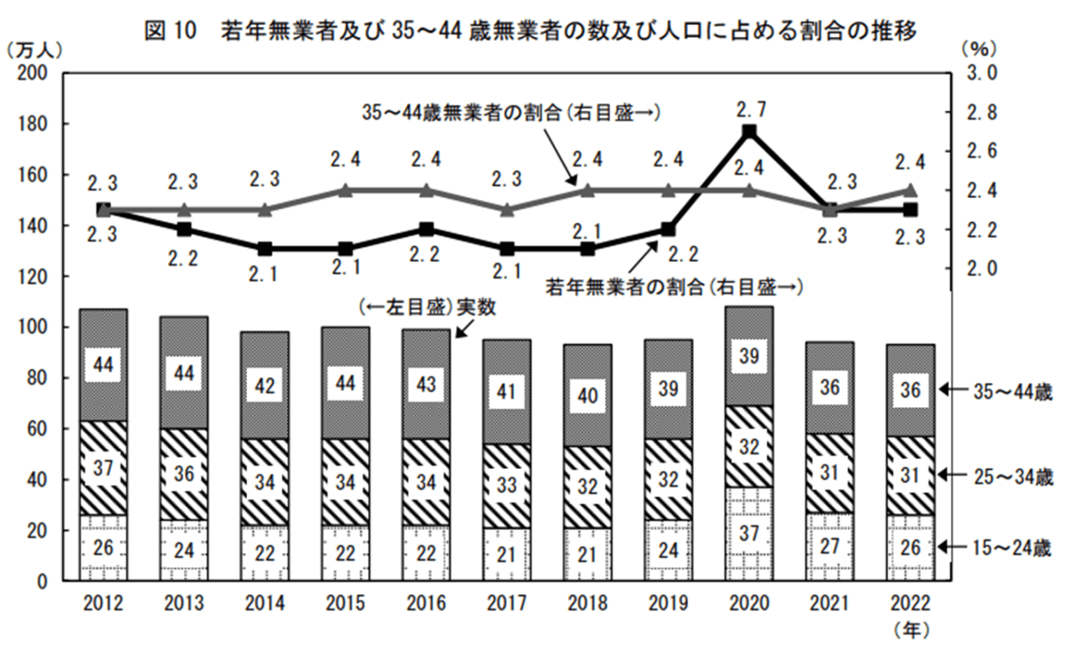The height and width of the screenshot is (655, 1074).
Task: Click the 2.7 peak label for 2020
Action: (752, 110)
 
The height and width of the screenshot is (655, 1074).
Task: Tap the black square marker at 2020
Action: (749, 131)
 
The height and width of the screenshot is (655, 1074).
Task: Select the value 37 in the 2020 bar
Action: (749, 533)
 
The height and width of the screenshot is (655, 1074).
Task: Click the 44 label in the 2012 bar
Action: (103, 365)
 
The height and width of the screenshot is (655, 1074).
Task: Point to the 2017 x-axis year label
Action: (507, 603)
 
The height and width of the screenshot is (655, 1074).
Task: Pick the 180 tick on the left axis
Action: (33, 124)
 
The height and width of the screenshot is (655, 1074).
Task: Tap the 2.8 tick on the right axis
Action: (982, 113)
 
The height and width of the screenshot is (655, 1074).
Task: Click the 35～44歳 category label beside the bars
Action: (1012, 392)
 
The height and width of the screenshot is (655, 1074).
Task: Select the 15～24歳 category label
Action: (1012, 547)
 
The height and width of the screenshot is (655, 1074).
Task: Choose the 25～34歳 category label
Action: (1012, 477)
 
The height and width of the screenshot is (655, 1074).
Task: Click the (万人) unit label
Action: (34, 50)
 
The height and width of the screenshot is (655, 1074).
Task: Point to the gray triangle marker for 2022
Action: (910, 190)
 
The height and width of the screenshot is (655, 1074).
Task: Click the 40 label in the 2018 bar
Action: (588, 396)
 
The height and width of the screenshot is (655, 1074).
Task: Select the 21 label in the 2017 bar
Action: (506, 555)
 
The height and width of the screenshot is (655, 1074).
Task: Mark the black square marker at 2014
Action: (265, 250)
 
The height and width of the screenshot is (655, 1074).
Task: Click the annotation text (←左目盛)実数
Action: (427, 308)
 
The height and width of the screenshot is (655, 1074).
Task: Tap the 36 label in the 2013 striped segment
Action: (184, 474)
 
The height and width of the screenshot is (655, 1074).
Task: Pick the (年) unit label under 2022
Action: (911, 630)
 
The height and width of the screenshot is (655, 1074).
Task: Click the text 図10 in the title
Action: (171, 31)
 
